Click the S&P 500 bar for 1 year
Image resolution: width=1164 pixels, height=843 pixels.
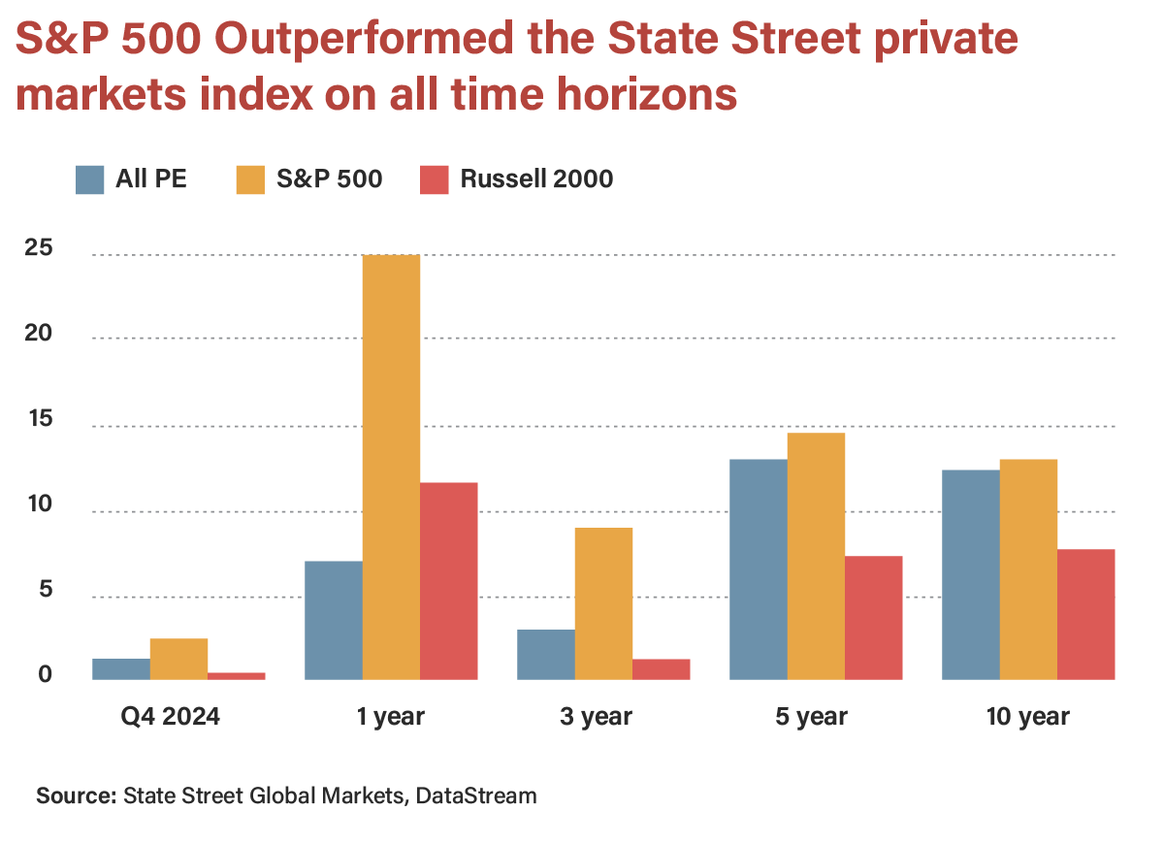point(391,467)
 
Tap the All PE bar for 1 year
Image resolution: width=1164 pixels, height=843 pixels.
point(333,620)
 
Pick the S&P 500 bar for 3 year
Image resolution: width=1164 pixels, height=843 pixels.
point(603,603)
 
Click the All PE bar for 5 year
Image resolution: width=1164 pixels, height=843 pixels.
point(758,568)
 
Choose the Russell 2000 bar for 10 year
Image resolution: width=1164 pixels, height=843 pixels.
point(1085,614)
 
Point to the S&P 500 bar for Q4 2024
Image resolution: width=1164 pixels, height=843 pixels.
point(178,659)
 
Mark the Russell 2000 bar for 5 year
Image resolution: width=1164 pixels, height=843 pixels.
point(873,617)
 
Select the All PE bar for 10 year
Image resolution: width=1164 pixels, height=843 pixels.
point(970,574)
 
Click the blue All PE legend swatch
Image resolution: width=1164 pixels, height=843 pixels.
point(90,179)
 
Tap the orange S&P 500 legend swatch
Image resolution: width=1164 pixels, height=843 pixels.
point(250,179)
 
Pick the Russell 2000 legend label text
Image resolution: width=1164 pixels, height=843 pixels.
point(536,179)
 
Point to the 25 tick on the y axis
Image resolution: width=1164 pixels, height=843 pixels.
point(39,248)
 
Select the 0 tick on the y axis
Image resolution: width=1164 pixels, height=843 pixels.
point(45,675)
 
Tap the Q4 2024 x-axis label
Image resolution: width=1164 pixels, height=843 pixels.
point(171,717)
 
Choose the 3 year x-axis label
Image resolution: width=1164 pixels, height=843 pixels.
point(596,717)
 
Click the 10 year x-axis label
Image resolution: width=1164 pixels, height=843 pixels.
point(1027,717)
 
